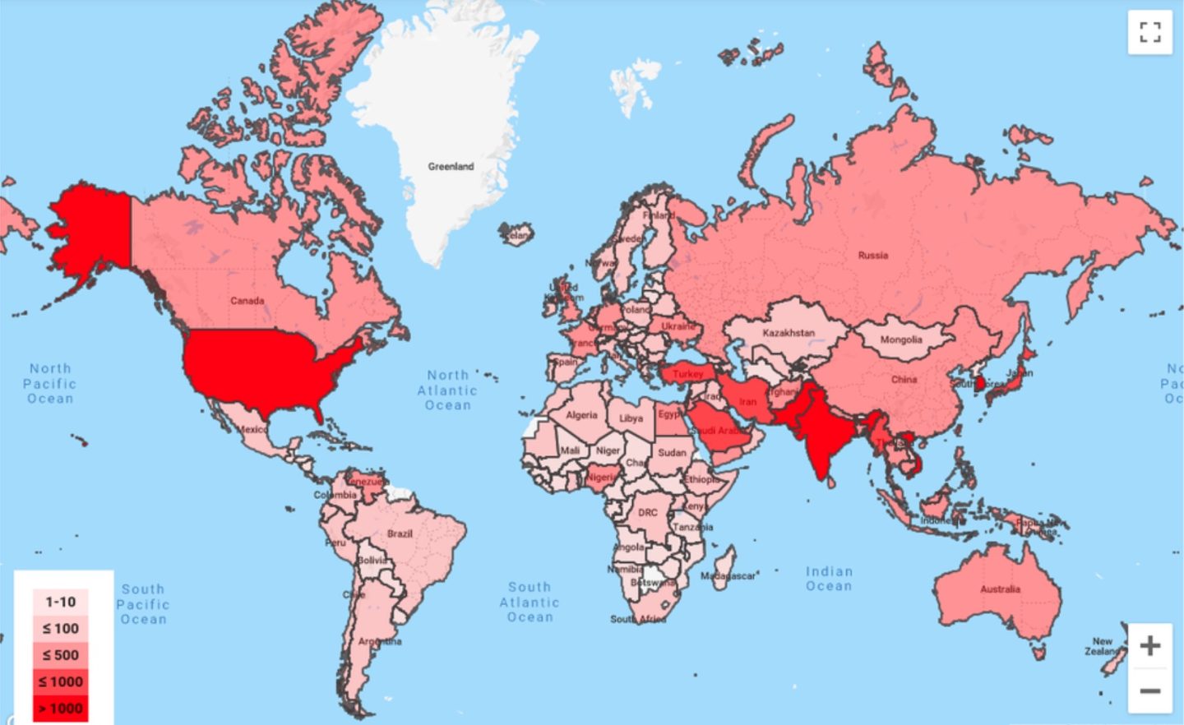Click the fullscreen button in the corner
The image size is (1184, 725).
coord(1149,32)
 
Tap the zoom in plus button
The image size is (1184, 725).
coord(1149,645)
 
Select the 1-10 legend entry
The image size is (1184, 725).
coord(60,602)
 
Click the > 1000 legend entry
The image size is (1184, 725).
coord(60,709)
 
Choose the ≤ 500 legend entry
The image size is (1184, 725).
coord(60,655)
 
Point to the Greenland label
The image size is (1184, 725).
coord(451,166)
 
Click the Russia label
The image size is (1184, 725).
coord(872,256)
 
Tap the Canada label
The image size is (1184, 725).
coord(247,301)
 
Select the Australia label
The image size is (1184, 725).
coord(1000,589)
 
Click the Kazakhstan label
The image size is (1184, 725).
coord(788,333)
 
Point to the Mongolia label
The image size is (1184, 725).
coord(900,339)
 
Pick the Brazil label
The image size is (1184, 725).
coord(400,534)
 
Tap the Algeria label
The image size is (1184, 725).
coord(581,415)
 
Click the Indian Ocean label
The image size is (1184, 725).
coord(829,579)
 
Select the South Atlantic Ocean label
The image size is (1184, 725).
coord(530,602)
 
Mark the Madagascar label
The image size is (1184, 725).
coord(728,576)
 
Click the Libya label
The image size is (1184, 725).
coord(631,418)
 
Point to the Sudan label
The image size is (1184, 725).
coord(672,453)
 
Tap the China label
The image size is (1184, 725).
coord(904,380)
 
